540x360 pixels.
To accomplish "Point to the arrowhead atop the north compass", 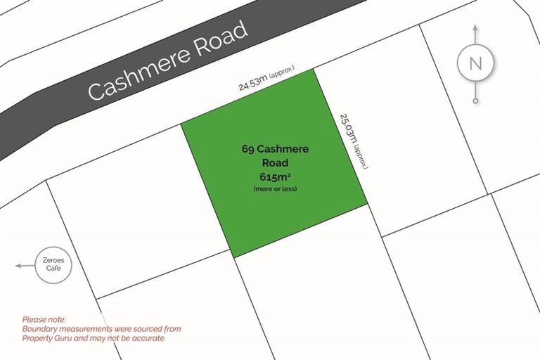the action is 475,29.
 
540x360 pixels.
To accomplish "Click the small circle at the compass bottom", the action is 475,101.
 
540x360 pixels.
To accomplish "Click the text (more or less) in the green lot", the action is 275,188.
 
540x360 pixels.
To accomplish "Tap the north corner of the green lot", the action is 314,69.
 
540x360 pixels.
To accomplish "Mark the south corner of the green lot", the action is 232,257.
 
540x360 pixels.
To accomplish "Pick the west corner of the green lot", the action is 181,124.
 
